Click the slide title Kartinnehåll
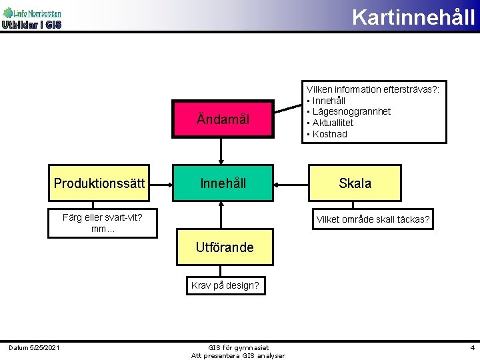pos(413,16)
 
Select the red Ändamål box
pos(223,119)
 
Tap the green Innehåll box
pos(223,183)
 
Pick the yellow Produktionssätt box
pos(99,183)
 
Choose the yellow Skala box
pos(355,183)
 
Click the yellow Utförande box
pos(225,247)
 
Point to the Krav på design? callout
pos(225,285)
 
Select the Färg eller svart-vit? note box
pos(102,223)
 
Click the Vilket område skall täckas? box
pos(373,219)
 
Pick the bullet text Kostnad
pos(329,134)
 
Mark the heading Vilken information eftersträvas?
pos(376,89)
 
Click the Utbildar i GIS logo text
pos(31,25)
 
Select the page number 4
pos(472,347)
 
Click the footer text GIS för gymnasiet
pos(238,347)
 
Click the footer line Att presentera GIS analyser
pos(238,355)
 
